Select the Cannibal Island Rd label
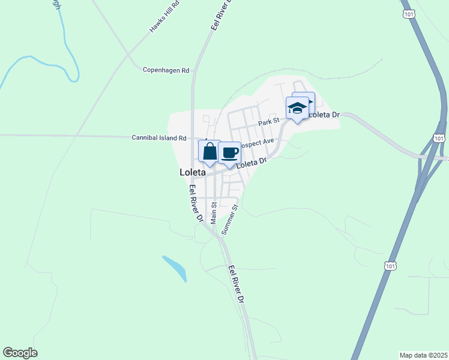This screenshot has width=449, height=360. pos(159,137)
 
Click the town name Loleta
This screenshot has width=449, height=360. pos(193,172)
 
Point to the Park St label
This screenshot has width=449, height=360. pos(270,121)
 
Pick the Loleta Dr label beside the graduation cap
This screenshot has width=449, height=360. pos(324,114)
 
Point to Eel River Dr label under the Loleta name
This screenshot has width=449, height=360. pos(196,203)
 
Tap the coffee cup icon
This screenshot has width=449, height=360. pos(229,152)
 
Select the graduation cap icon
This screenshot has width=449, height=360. pos(297,107)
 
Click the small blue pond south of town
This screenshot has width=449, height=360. pos(175,268)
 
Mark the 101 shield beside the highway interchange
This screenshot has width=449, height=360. pos(439,138)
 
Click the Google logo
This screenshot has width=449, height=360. pos(20,353)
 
